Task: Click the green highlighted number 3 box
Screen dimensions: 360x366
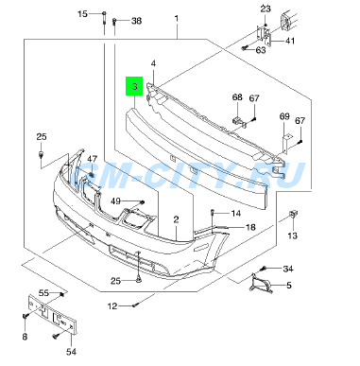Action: pyautogui.click(x=134, y=86)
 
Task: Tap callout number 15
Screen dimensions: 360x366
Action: pyautogui.click(x=82, y=14)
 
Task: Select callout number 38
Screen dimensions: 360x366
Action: pyautogui.click(x=136, y=21)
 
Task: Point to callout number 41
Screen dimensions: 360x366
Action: pyautogui.click(x=290, y=41)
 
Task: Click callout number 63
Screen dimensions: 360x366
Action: pyautogui.click(x=261, y=50)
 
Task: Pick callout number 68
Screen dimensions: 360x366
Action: pyautogui.click(x=237, y=97)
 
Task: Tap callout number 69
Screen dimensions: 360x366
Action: pyautogui.click(x=284, y=116)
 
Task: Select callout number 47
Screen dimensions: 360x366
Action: pyautogui.click(x=93, y=159)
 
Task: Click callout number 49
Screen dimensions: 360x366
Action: pyautogui.click(x=116, y=200)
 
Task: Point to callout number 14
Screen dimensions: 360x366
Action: pyautogui.click(x=235, y=214)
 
